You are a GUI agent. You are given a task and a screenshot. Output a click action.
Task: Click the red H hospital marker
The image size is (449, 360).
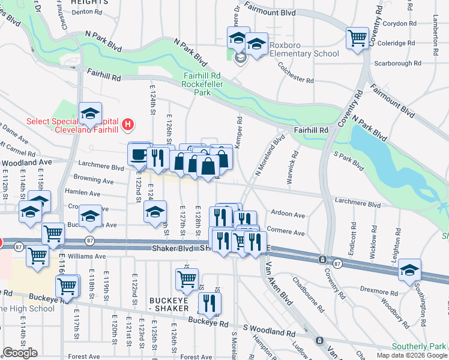pyautogui.click(x=127, y=125)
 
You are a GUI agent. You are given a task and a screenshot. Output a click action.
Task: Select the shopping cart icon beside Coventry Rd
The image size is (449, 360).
pyautogui.click(x=358, y=38)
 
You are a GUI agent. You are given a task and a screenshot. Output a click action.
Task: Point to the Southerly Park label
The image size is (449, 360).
pyautogui.click(x=420, y=346)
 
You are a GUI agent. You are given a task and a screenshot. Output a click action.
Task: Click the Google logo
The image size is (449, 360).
pyautogui.click(x=20, y=353)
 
